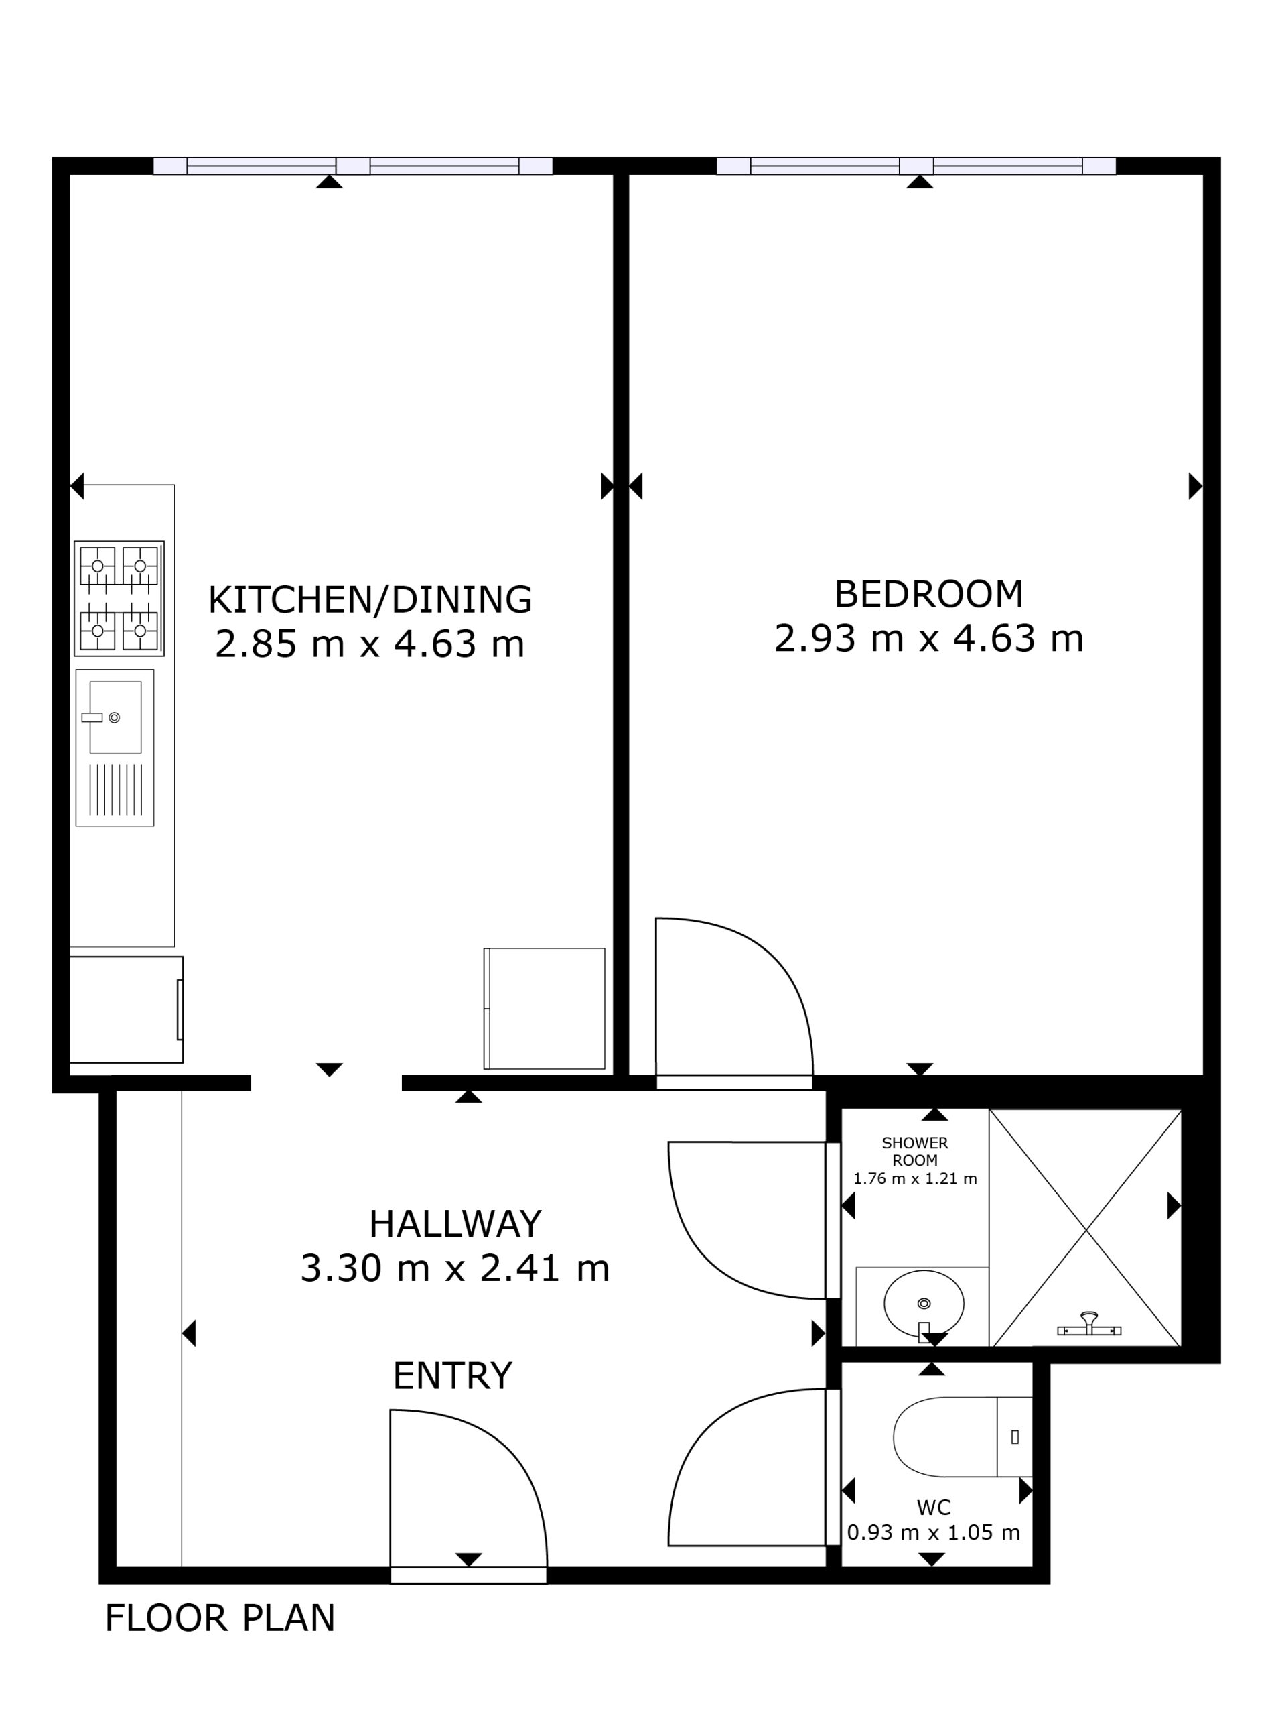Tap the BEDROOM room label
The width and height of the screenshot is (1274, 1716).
[929, 594]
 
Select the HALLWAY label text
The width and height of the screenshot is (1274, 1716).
[455, 1224]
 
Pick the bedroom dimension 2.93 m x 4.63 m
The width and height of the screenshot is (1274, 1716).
[929, 639]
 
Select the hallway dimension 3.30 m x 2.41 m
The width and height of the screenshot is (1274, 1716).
[455, 1268]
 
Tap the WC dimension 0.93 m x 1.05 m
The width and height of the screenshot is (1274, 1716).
[933, 1532]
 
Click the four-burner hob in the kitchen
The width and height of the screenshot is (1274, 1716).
[119, 599]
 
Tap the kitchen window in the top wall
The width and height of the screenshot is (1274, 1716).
[353, 166]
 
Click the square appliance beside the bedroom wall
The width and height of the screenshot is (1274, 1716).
[545, 1008]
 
